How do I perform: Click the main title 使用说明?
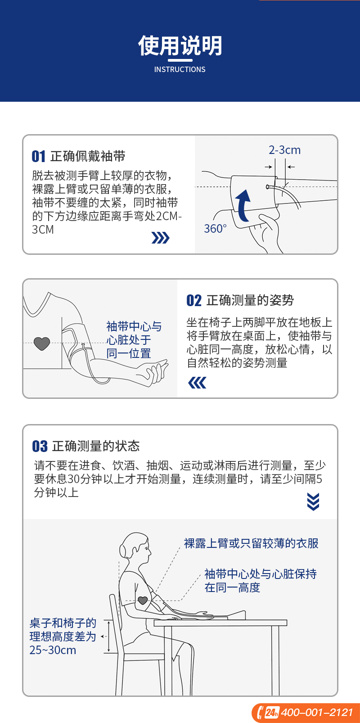[180, 45]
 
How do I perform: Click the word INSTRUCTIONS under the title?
[180, 69]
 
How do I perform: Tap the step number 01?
[38, 157]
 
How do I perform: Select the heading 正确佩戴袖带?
[88, 156]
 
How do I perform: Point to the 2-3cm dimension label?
[284, 150]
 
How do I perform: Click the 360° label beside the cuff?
[215, 229]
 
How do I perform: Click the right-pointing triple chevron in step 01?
[160, 238]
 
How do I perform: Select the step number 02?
[194, 300]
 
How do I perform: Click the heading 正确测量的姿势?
[250, 300]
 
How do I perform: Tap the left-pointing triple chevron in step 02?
[197, 383]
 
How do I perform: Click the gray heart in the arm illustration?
[42, 343]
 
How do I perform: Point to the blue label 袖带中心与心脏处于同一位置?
[134, 340]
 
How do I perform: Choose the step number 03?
[40, 447]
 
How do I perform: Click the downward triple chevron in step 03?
[313, 502]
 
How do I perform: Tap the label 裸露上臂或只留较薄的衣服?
[251, 543]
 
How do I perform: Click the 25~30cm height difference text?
[53, 650]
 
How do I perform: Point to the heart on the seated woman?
[143, 601]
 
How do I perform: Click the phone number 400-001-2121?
[317, 712]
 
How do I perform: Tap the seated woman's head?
[135, 547]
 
